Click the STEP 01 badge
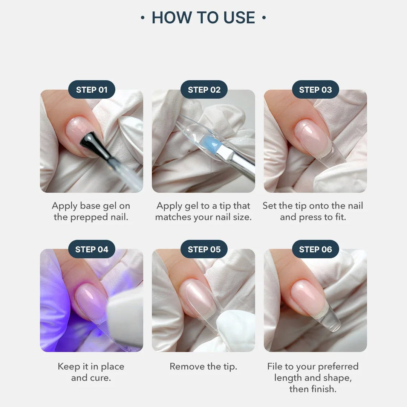[x=92, y=90]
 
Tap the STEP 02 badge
[x=204, y=90]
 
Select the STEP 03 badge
[x=315, y=90]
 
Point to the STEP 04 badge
[x=92, y=249]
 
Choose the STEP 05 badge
[x=204, y=249]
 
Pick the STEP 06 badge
[x=315, y=249]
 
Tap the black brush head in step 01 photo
[x=90, y=143]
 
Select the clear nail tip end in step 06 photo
[x=332, y=322]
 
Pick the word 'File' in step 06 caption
[x=275, y=366]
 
